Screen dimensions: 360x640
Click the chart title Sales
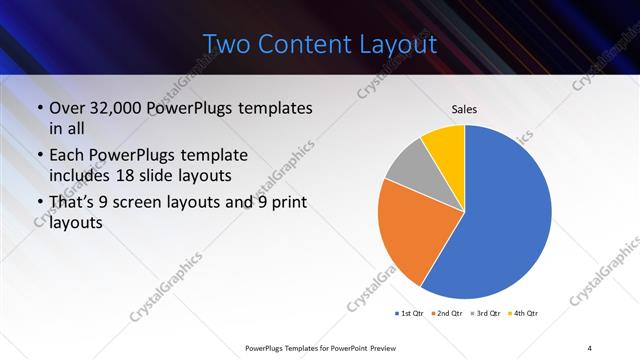464,108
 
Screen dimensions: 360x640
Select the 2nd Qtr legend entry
447,314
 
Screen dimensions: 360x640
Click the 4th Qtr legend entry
524,314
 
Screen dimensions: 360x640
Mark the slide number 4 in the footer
590,347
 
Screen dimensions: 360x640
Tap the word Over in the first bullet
66,108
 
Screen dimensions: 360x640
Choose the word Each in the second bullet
66,156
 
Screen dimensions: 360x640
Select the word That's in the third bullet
72,204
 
